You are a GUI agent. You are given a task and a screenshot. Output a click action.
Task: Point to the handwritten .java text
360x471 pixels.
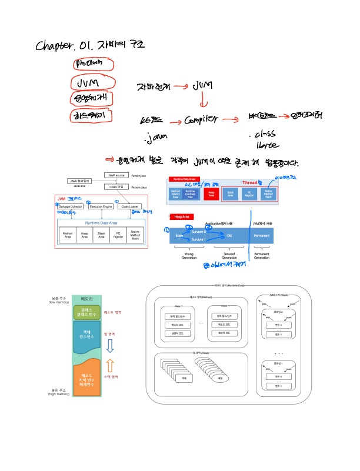point(155,139)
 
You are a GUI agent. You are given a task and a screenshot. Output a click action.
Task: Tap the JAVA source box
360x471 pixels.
point(116,175)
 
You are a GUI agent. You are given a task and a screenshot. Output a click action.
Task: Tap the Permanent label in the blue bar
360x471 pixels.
point(262,235)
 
